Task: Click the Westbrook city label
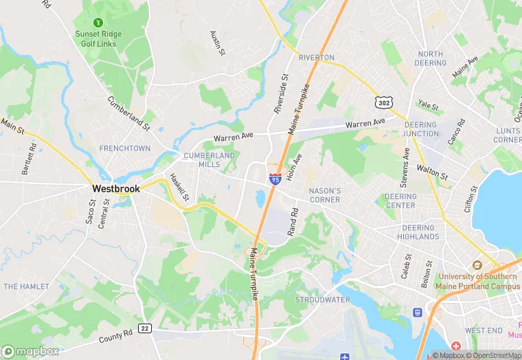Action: (117, 188)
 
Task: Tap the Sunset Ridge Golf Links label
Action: (97, 39)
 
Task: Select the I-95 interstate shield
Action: (274, 179)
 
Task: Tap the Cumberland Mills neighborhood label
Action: (209, 160)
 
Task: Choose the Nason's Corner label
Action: (325, 195)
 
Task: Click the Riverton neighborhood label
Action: (317, 57)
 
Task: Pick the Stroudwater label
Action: (318, 300)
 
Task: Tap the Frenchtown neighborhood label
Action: (124, 148)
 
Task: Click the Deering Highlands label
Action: (418, 232)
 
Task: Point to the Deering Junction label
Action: (420, 129)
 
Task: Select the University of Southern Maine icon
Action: (476, 265)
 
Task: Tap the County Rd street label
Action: (115, 336)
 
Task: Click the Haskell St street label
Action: (181, 186)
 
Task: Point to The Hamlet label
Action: (26, 286)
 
